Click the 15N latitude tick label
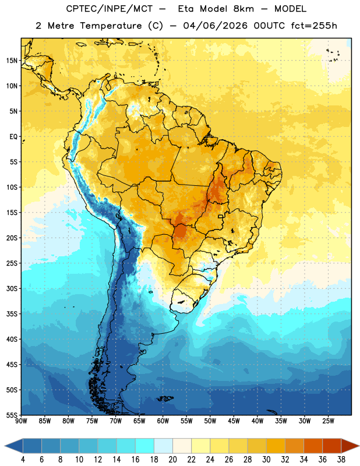click(x=12, y=61)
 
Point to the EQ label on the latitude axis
click(x=13, y=137)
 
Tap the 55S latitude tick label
click(x=12, y=415)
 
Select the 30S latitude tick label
click(x=12, y=288)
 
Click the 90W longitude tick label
click(x=21, y=421)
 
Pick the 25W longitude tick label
click(x=328, y=421)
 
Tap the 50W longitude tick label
click(x=210, y=421)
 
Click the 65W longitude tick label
click(x=139, y=421)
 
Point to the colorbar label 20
click(x=172, y=460)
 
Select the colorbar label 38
click(x=341, y=460)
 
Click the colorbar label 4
click(x=23, y=460)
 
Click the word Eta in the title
click(x=186, y=9)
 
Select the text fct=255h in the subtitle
click(x=314, y=26)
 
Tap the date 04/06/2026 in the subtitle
click(x=215, y=26)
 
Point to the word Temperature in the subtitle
click(x=111, y=26)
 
